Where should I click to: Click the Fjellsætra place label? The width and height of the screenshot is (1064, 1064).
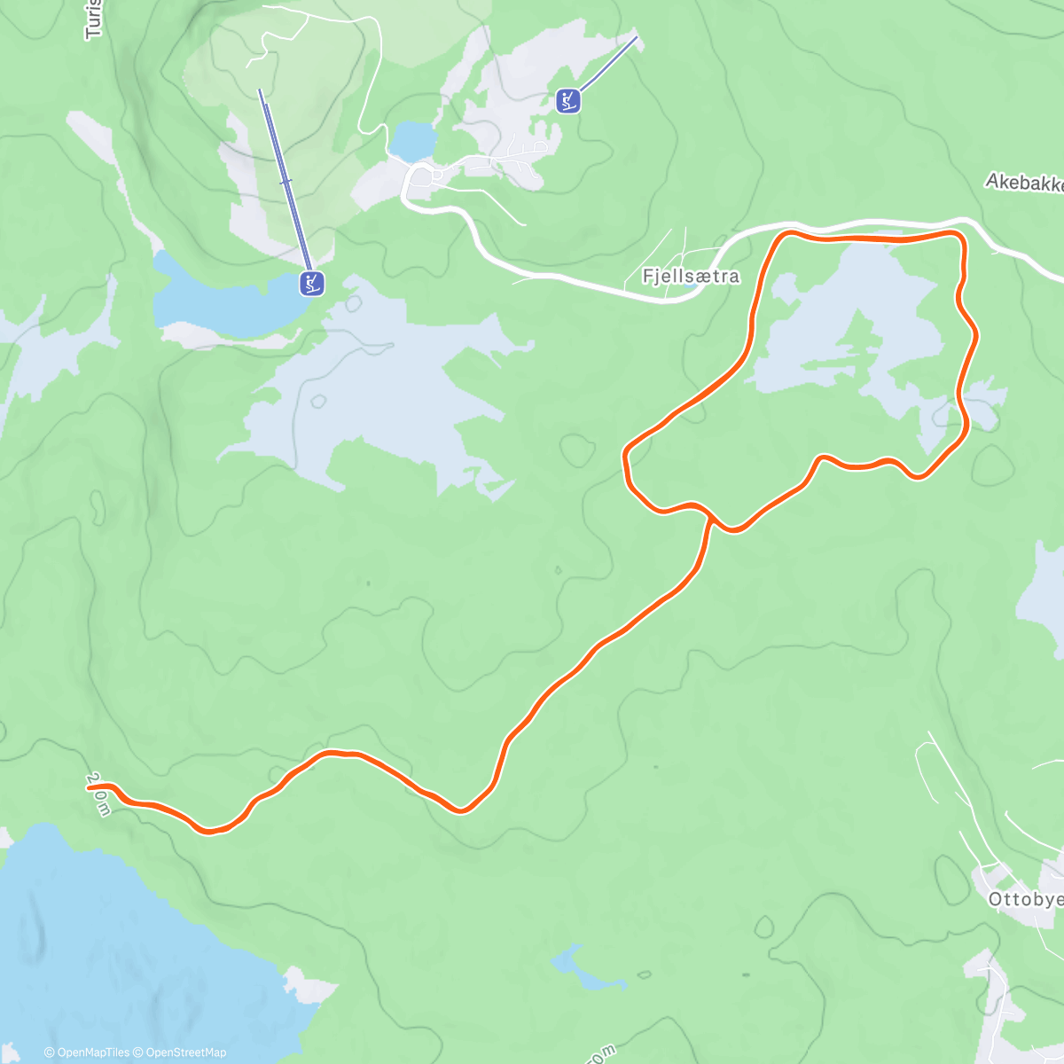(691, 277)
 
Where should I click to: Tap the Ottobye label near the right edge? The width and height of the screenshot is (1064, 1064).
(1025, 899)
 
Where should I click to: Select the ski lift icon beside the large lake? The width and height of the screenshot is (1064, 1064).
(312, 284)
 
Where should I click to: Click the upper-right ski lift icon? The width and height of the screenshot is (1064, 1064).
(568, 101)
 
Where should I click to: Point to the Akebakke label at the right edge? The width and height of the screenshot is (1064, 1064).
(1024, 183)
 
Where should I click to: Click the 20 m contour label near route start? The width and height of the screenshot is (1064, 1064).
(99, 794)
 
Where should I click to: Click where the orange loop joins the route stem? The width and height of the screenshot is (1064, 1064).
(710, 515)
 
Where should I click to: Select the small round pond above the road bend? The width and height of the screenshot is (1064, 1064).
(413, 139)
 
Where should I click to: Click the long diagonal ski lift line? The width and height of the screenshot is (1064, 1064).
(286, 182)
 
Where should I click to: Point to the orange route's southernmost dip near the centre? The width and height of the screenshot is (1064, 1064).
(460, 810)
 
